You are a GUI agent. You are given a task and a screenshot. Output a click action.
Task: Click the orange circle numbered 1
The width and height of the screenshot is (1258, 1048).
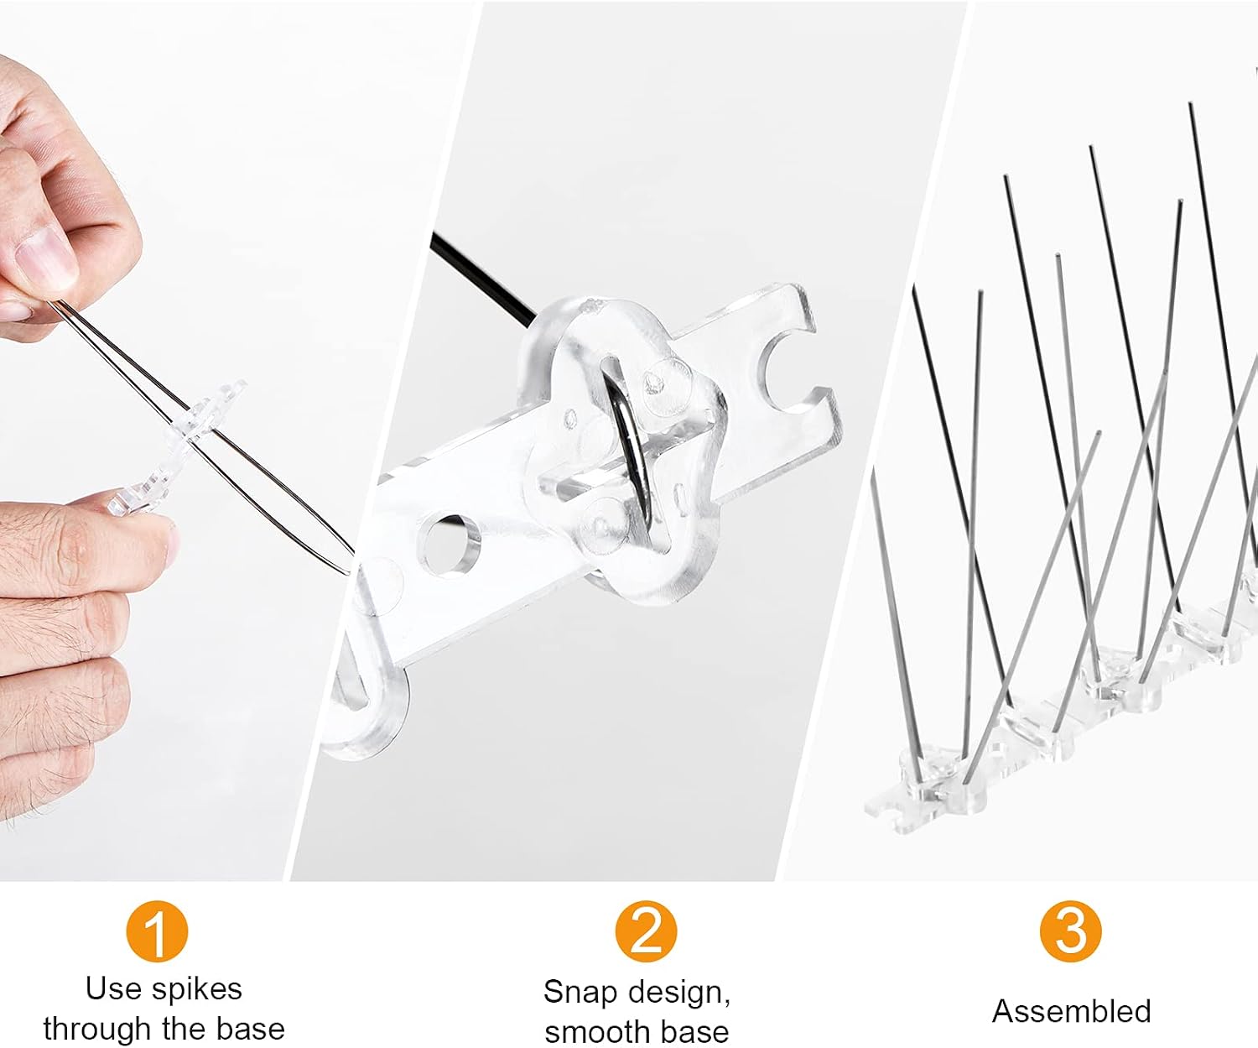coord(157,931)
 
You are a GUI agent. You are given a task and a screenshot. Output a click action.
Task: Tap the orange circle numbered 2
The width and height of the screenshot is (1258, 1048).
coord(645,931)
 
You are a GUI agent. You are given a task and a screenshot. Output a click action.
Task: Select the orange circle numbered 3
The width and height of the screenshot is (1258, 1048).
coord(1071,931)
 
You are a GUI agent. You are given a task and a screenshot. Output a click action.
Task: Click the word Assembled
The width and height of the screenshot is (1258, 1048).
coord(1071,1010)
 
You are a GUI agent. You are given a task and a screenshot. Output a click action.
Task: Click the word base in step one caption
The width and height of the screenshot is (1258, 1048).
coord(251,1030)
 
